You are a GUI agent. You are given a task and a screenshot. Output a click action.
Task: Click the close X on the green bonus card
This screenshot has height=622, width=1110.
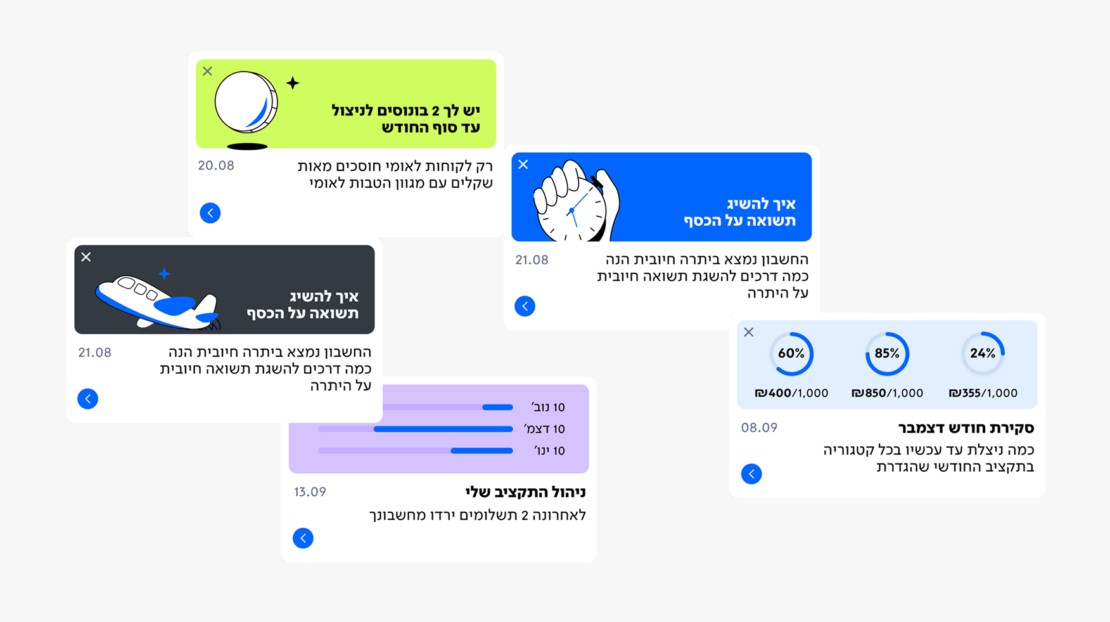[208, 71]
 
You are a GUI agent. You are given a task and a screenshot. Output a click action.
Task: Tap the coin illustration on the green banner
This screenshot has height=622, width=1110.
[246, 103]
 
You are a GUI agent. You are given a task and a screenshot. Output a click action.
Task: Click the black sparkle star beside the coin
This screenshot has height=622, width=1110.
[293, 83]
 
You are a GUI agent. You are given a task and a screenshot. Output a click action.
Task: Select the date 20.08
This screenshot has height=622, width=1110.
[216, 166]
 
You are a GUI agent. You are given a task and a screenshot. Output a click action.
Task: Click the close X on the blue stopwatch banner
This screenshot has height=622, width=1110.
[523, 165]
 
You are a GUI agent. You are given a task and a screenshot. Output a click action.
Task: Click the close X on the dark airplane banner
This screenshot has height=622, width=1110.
[86, 257]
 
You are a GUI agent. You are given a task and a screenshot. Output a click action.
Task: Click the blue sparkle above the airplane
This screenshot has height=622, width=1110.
[164, 274]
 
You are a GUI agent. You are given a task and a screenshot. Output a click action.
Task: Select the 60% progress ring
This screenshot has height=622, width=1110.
[791, 354]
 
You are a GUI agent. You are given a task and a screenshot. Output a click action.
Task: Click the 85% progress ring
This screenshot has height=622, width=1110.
[887, 354]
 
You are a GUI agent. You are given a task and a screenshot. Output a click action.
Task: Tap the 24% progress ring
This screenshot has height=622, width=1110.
[983, 354]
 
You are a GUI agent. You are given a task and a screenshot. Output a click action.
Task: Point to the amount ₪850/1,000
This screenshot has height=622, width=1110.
[887, 393]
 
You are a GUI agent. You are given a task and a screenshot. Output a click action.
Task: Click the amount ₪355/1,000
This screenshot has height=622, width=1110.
[983, 393]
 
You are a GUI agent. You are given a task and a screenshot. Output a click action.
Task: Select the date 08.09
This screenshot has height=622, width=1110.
[759, 428]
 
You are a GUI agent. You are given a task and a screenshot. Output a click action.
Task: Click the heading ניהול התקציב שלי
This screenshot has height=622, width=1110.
[525, 492]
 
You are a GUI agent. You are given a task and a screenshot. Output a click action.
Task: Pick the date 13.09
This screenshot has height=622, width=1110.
[310, 492]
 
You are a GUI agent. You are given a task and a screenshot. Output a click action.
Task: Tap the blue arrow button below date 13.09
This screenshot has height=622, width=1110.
[303, 538]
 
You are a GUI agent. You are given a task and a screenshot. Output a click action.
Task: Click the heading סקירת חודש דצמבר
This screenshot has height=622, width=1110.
[966, 428]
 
